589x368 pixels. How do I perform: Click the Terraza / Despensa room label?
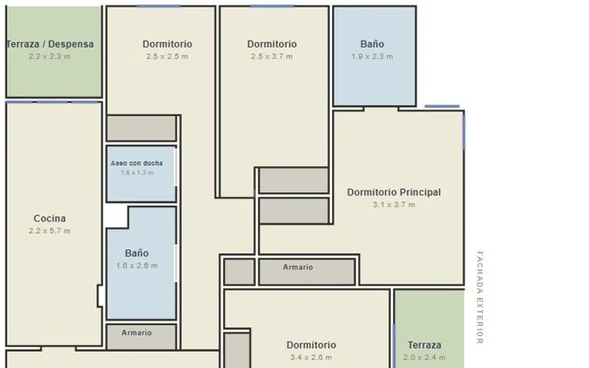[x=51, y=44]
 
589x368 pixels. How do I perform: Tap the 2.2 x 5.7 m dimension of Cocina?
[x=49, y=231]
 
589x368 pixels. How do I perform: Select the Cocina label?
[x=50, y=218]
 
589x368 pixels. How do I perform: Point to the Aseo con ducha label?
[x=137, y=164]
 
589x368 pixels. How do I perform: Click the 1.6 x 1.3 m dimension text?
[x=137, y=173]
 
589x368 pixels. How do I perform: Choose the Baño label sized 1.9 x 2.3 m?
[x=372, y=44]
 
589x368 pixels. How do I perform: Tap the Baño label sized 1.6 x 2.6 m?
[x=137, y=253]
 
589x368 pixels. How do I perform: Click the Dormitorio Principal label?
[x=394, y=192]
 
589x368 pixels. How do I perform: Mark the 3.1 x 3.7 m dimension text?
[x=394, y=204]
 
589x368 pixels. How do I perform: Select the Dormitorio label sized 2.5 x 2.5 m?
[x=167, y=44]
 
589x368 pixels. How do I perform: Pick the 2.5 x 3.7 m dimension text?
[x=272, y=56]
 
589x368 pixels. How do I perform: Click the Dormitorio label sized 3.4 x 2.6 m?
[x=312, y=345]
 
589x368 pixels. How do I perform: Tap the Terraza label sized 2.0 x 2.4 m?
[x=425, y=345]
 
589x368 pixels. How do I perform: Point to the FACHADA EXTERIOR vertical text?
[x=479, y=298]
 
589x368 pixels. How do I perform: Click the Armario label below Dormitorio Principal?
[x=298, y=267]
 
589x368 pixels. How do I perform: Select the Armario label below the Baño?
[x=137, y=333]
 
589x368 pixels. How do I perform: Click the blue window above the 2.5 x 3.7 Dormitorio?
[x=272, y=6]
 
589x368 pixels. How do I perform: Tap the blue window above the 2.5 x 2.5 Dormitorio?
[x=159, y=6]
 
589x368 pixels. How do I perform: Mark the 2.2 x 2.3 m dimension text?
[x=49, y=56]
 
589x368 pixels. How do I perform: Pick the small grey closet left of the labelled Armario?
[x=239, y=272]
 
